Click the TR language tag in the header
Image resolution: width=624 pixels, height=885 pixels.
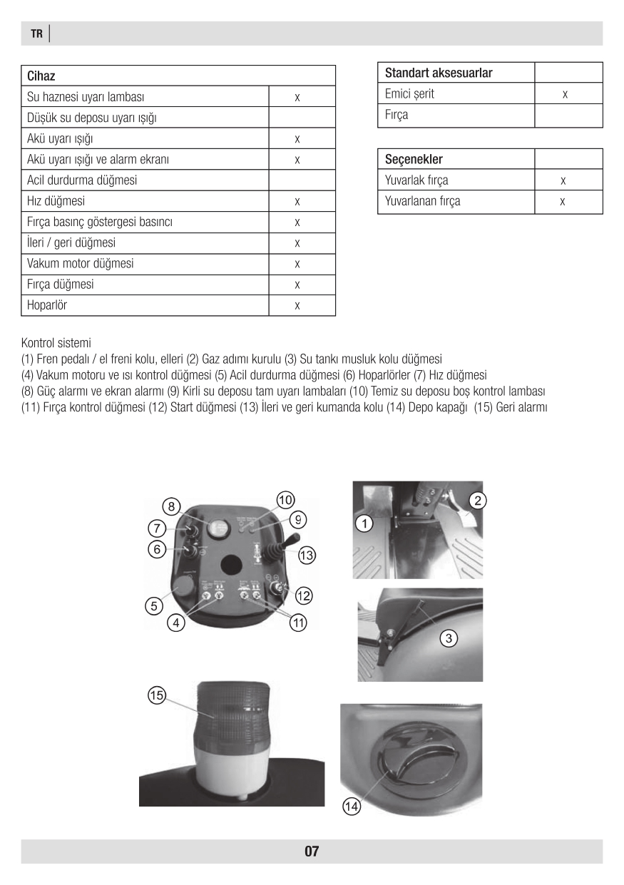coord(36,34)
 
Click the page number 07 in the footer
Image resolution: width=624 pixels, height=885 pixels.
coord(312,851)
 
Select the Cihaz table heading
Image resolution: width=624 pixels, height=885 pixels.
coord(41,76)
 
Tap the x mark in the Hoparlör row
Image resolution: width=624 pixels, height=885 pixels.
coord(297,306)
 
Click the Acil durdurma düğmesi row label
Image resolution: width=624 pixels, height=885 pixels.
coord(81,180)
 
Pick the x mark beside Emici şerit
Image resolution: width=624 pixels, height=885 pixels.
coord(565,94)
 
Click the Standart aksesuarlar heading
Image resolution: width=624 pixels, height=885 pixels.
coord(439,73)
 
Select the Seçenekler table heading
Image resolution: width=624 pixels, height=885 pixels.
coord(414,159)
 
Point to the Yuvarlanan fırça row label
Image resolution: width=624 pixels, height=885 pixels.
coord(423,201)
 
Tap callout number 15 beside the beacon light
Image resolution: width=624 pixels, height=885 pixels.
coord(157,695)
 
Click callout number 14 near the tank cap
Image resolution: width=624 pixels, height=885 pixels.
coord(352,807)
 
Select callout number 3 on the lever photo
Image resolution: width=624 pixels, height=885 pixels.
coord(448,638)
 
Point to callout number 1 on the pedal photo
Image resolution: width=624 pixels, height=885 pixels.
coord(364,525)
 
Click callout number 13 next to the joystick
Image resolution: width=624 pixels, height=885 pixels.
coord(307,554)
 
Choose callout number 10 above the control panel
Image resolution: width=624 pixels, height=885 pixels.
coord(286,501)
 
